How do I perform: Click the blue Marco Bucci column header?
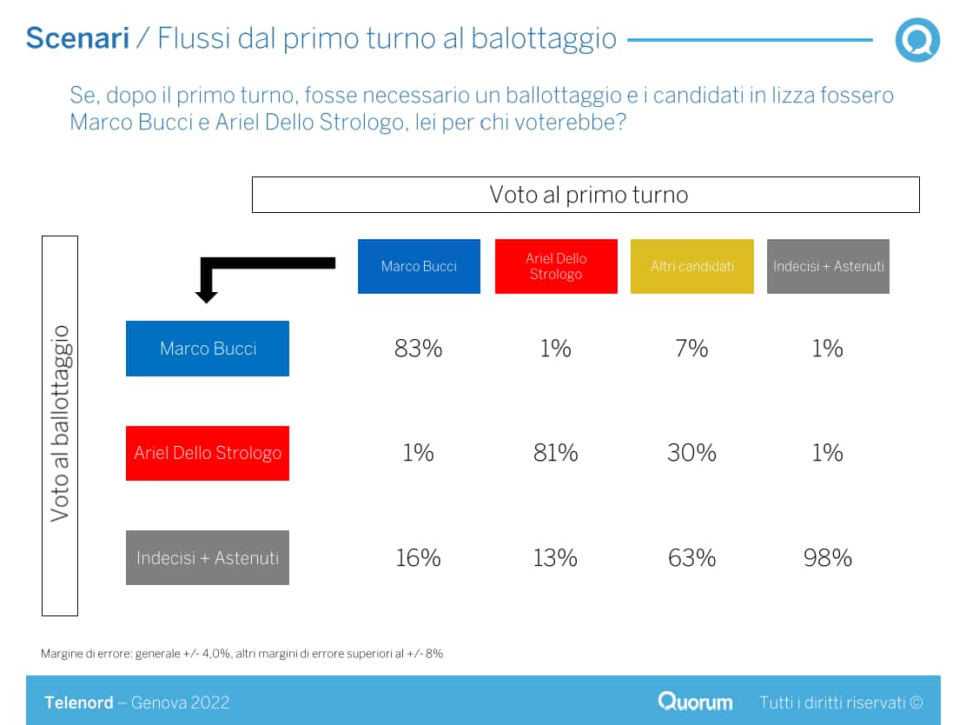[x=419, y=266]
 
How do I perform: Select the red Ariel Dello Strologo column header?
[x=556, y=266]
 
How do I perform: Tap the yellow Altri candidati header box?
[x=692, y=266]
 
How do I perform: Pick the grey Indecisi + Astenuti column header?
[x=828, y=266]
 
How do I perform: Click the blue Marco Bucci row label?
[x=208, y=349]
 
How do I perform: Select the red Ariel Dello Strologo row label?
[x=208, y=453]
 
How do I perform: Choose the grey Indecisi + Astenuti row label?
[x=208, y=557]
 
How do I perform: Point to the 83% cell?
[x=419, y=349]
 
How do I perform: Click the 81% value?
[x=556, y=453]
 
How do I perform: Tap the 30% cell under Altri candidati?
[x=692, y=453]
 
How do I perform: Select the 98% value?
[x=828, y=557]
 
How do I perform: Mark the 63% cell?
[x=692, y=557]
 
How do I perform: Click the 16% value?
[x=419, y=557]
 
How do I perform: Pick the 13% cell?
[x=556, y=557]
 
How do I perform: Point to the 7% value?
[x=692, y=349]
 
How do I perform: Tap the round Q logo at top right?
[x=917, y=40]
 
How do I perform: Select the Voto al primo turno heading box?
[x=586, y=195]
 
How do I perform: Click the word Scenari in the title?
[x=77, y=38]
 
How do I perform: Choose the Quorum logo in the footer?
[x=695, y=702]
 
